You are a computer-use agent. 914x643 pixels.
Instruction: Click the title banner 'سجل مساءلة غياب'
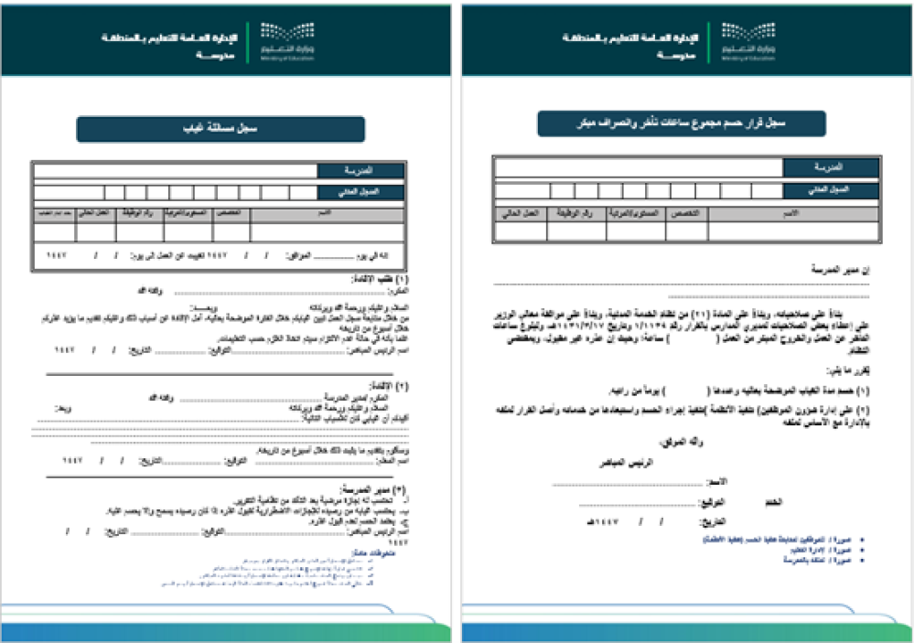220,130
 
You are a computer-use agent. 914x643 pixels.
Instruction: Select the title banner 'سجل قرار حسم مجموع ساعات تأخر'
681,123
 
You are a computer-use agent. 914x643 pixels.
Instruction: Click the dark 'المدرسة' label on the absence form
360,171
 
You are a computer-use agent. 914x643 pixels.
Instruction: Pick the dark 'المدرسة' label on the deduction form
831,167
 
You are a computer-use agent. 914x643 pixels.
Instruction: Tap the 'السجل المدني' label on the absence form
360,192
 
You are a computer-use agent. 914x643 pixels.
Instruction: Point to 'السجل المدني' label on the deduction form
831,189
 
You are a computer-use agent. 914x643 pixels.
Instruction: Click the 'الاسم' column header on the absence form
327,212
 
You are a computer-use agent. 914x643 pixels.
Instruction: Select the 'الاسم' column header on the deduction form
792,212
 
